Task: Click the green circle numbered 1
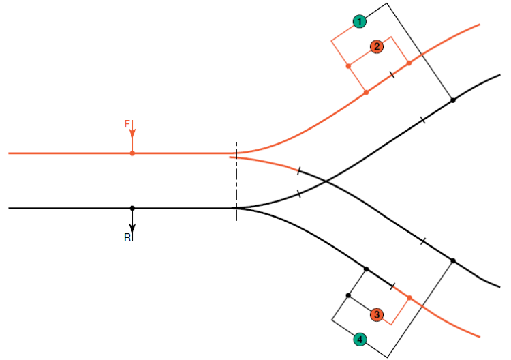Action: (x=360, y=22)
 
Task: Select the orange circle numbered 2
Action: (x=377, y=46)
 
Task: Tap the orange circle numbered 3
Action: (x=377, y=314)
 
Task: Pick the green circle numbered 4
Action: (x=360, y=339)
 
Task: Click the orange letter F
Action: (x=127, y=124)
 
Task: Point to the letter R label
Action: (x=127, y=237)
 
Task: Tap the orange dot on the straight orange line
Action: (x=132, y=153)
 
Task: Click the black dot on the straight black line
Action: (x=132, y=208)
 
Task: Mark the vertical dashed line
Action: (x=236, y=181)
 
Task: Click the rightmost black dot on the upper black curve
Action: (x=452, y=100)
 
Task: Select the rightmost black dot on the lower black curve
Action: (x=452, y=260)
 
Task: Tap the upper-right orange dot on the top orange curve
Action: (x=409, y=63)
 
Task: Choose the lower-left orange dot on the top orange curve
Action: (x=366, y=92)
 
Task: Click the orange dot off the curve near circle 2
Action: (x=348, y=66)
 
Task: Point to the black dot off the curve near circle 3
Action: (x=348, y=295)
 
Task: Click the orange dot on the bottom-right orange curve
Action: (x=409, y=297)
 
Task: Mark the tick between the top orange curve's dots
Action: (x=392, y=74)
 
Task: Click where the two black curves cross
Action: (x=325, y=181)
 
